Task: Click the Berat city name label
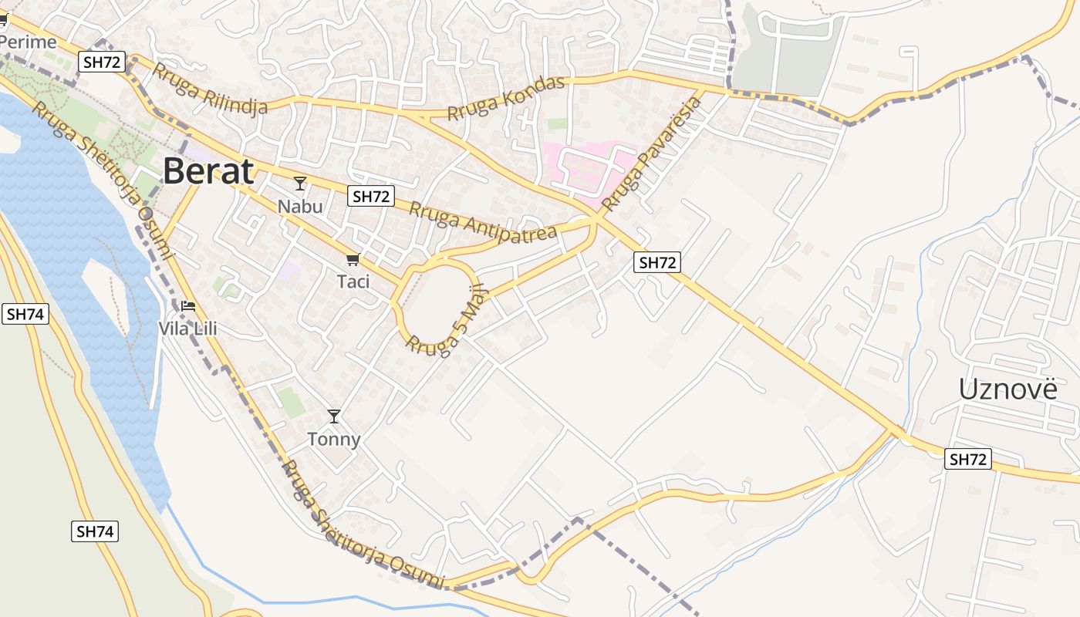[208, 171]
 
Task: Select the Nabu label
[300, 207]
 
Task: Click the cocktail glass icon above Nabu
[300, 184]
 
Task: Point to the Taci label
[353, 282]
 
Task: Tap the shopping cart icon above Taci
[353, 259]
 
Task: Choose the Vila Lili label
[187, 329]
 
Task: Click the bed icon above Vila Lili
[187, 306]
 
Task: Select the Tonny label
[333, 439]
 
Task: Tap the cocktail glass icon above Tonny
[333, 416]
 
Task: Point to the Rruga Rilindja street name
[210, 89]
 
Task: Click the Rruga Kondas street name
[506, 99]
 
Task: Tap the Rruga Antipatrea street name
[483, 220]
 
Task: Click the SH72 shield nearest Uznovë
[967, 460]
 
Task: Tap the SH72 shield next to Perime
[103, 62]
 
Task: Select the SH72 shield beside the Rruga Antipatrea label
[370, 197]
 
